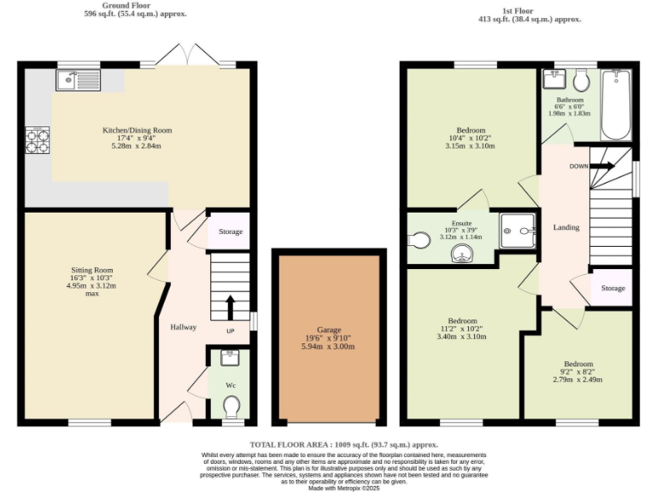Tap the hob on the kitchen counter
coord(38,139)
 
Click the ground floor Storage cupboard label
coord(229,231)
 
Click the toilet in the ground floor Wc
coord(230,410)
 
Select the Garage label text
coord(328,330)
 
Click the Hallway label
coord(183,327)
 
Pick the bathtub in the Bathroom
coord(615,105)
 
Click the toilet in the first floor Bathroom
coord(582,80)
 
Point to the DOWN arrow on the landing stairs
coord(601,166)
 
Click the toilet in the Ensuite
coord(419,241)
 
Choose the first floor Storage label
coord(612,288)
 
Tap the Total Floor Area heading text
coord(343,445)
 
